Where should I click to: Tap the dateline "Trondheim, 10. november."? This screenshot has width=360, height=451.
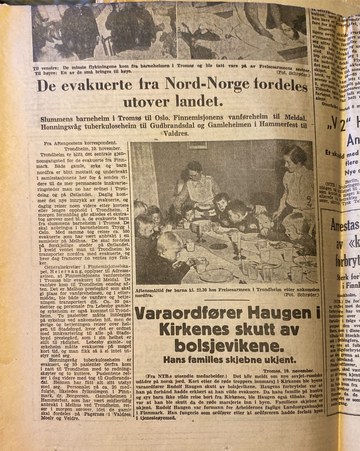93,148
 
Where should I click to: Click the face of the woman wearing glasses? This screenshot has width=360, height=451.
195,172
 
